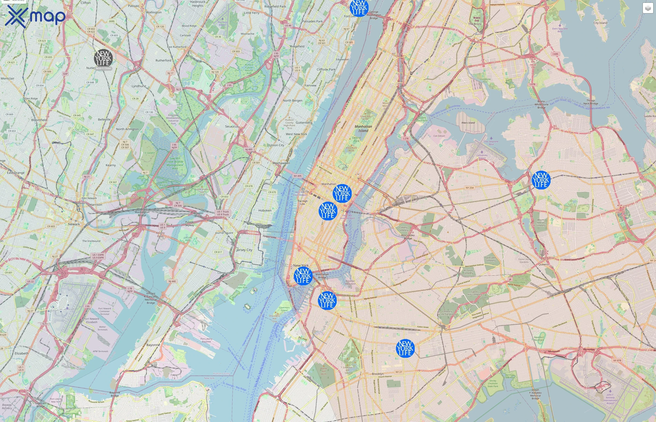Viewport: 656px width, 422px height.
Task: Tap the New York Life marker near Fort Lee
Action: pos(359,8)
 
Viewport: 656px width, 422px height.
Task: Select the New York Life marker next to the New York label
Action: pos(303,276)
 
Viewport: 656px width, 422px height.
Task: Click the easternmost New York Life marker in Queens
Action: pos(541,180)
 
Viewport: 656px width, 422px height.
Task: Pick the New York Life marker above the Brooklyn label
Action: pos(405,348)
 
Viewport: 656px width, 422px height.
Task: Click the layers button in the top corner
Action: pos(648,8)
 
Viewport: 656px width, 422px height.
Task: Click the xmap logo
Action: pos(35,16)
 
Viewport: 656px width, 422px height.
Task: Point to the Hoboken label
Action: pos(265,211)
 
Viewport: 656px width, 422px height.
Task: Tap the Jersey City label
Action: pos(244,250)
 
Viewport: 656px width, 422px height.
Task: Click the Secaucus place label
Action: pos(232,126)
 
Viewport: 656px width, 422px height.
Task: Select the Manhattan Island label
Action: pos(363,128)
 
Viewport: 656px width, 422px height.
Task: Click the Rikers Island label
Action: pos(468,123)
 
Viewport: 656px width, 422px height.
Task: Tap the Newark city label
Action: pos(74,224)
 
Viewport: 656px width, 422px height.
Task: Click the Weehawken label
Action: pos(281,163)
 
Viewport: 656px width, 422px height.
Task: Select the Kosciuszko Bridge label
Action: pos(408,237)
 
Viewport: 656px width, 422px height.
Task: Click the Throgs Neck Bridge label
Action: pos(591,102)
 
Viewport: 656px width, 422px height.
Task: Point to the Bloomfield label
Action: pos(39,120)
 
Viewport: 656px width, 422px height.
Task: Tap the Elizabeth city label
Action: pos(22,353)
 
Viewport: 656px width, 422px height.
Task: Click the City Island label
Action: pos(600,23)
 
